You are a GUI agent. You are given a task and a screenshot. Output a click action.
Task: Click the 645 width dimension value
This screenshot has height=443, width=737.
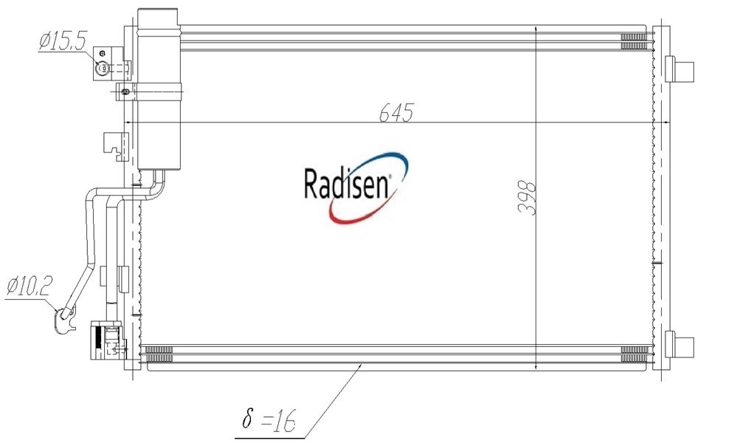coord(396,112)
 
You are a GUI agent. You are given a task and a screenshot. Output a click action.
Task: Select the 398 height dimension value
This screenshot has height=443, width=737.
coord(527,198)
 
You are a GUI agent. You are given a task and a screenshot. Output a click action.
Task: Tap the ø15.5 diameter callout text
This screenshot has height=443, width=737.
coord(62,41)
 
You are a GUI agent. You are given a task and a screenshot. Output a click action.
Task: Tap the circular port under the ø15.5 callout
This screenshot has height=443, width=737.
coord(102,69)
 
